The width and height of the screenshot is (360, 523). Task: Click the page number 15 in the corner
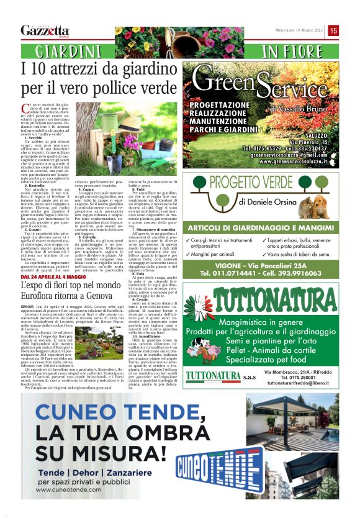(333, 30)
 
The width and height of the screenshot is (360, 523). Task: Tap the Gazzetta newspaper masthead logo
(45, 30)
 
